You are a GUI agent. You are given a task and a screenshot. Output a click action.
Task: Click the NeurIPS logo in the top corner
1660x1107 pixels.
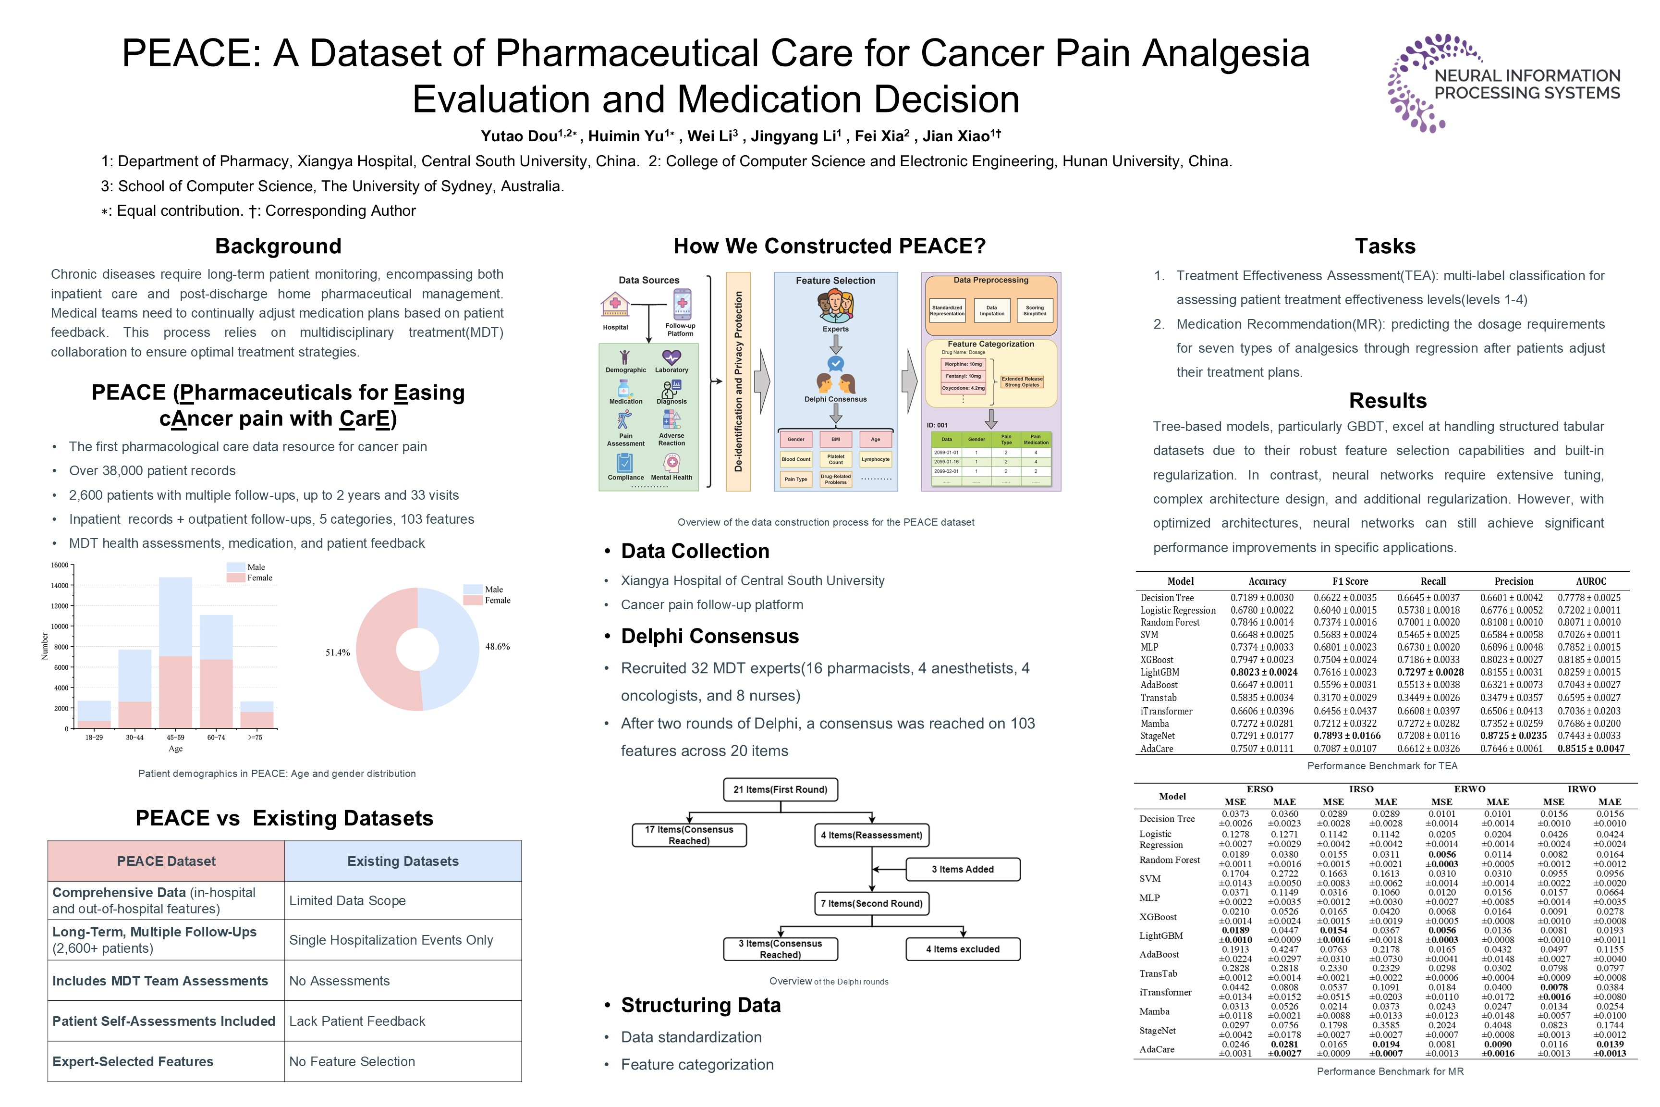tap(1503, 83)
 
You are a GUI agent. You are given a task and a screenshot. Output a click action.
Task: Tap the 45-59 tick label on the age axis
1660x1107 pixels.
tap(175, 737)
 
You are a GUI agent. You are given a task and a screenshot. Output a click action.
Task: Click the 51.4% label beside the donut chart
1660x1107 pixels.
tap(337, 652)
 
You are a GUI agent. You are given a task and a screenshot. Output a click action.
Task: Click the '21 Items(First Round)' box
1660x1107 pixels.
tap(780, 789)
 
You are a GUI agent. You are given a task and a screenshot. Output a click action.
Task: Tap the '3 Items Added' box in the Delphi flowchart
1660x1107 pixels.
tap(962, 869)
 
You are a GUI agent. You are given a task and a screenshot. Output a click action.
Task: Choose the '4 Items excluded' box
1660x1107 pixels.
tap(963, 949)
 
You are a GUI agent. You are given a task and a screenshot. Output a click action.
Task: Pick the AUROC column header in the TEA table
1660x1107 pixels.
tap(1591, 581)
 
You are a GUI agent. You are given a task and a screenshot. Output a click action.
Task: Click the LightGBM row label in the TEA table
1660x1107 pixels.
tap(1160, 672)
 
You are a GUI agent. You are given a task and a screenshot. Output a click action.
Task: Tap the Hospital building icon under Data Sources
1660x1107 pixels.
tap(615, 306)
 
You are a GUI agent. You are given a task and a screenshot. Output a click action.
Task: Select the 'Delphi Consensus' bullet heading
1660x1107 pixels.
tap(709, 636)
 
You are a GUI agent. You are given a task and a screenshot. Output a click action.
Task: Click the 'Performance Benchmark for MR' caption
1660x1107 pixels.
tap(1390, 1071)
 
